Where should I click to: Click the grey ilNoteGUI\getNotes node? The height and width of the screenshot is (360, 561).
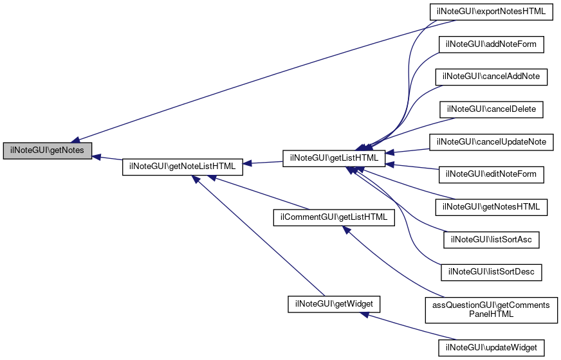pos(47,150)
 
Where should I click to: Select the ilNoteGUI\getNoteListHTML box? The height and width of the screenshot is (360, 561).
pos(183,166)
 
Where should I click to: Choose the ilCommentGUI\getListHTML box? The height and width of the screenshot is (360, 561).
pos(333,217)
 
